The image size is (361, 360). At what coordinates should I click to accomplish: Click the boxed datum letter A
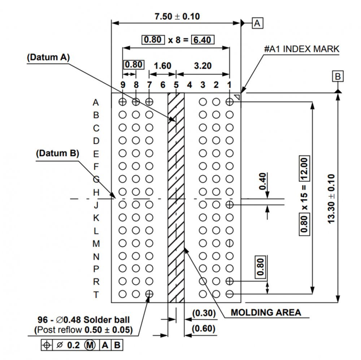pyautogui.click(x=257, y=23)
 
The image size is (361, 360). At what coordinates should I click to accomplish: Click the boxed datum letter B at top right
pyautogui.click(x=338, y=77)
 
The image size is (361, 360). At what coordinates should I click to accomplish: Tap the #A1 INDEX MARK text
pyautogui.click(x=302, y=49)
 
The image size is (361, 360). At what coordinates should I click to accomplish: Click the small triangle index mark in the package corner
pyautogui.click(x=237, y=96)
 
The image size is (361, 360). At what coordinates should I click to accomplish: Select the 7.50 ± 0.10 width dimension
pyautogui.click(x=177, y=16)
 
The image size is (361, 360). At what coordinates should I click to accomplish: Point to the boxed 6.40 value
pyautogui.click(x=203, y=39)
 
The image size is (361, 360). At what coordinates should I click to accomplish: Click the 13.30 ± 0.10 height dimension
pyautogui.click(x=332, y=199)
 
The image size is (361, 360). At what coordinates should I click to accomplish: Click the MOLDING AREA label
pyautogui.click(x=266, y=312)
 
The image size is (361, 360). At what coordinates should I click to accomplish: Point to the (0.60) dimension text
pyautogui.click(x=204, y=329)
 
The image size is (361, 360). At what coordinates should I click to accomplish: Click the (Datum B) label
pyautogui.click(x=57, y=153)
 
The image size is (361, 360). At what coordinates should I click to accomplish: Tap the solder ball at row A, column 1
pyautogui.click(x=230, y=102)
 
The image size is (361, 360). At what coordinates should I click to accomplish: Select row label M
pyautogui.click(x=96, y=244)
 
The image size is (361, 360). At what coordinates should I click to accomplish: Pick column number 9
pyautogui.click(x=123, y=85)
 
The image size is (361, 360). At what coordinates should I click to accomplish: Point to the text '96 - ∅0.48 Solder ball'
pyautogui.click(x=84, y=320)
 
